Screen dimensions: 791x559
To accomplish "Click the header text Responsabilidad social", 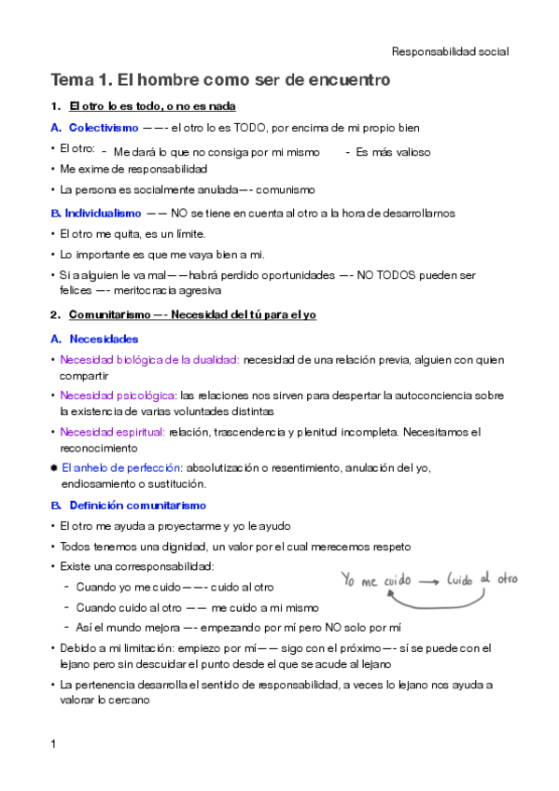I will tap(449, 52).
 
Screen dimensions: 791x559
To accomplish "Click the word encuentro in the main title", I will tap(344, 81).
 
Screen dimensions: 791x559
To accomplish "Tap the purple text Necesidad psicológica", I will tap(117, 395).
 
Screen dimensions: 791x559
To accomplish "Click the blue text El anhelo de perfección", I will tap(121, 466).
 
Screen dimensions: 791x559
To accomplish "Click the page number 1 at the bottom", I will tap(54, 743).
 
